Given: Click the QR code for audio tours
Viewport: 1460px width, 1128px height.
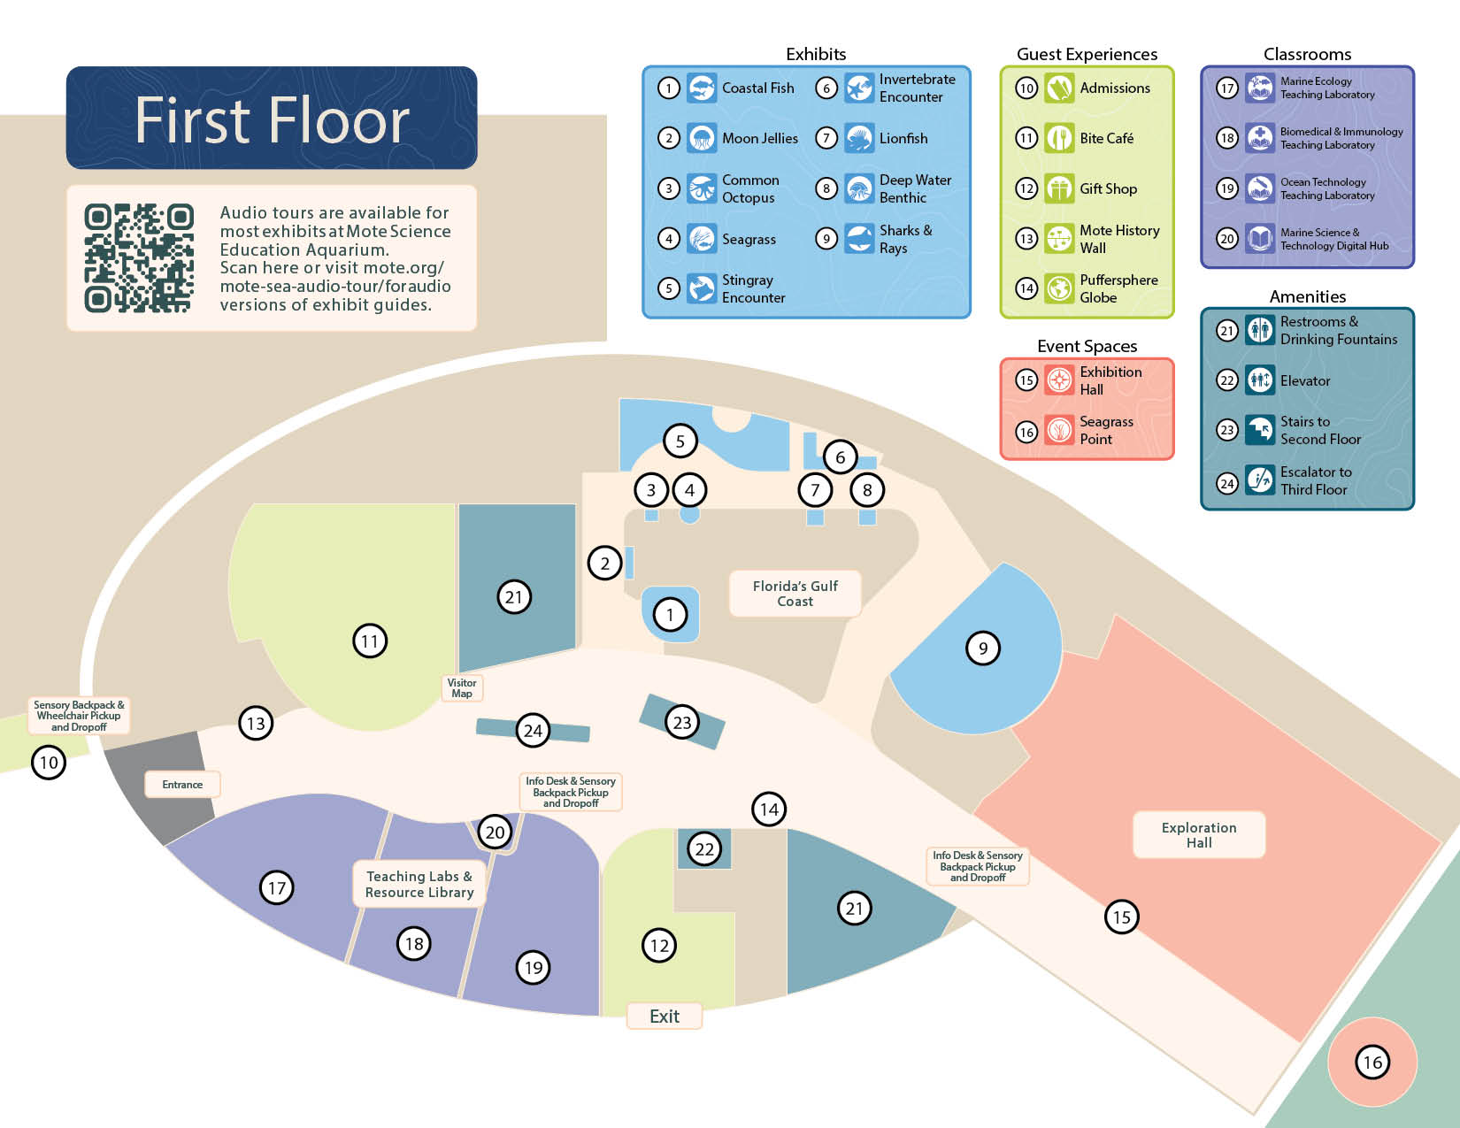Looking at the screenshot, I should pyautogui.click(x=139, y=257).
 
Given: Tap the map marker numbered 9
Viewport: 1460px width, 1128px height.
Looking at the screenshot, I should pyautogui.click(x=982, y=648).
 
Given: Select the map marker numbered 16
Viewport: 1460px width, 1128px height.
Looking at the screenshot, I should pyautogui.click(x=1372, y=1062).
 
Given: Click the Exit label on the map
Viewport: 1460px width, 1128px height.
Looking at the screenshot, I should pyautogui.click(x=665, y=1016).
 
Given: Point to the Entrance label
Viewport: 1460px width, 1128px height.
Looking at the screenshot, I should pyautogui.click(x=182, y=784).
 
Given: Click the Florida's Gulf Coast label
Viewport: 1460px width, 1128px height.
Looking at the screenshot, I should pyautogui.click(x=795, y=594).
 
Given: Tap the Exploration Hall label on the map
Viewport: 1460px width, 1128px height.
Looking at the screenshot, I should pyautogui.click(x=1199, y=834).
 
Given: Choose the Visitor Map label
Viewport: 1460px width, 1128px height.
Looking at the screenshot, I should pyautogui.click(x=462, y=687).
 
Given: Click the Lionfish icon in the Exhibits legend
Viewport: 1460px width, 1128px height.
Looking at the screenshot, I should pyautogui.click(x=859, y=138).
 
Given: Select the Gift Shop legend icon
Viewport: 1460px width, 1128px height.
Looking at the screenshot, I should pyautogui.click(x=1059, y=188).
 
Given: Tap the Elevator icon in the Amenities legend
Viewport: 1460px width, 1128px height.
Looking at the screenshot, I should pyautogui.click(x=1260, y=380).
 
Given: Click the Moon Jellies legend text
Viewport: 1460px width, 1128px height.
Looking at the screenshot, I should pyautogui.click(x=759, y=138).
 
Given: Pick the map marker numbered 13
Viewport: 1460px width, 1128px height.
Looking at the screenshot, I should pyautogui.click(x=256, y=723).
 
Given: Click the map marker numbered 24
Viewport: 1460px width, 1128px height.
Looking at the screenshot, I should pyautogui.click(x=533, y=731).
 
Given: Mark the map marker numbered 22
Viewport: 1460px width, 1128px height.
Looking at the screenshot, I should pyautogui.click(x=704, y=849).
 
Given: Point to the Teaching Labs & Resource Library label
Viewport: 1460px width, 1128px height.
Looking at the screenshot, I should pyautogui.click(x=419, y=884).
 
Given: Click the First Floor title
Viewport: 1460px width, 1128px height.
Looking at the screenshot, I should pyautogui.click(x=272, y=119).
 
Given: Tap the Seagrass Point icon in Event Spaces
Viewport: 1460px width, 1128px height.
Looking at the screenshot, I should pyautogui.click(x=1059, y=430).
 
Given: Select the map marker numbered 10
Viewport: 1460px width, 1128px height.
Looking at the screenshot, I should pyautogui.click(x=49, y=762).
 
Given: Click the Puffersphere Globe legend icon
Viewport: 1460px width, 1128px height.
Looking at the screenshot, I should pyautogui.click(x=1059, y=288).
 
